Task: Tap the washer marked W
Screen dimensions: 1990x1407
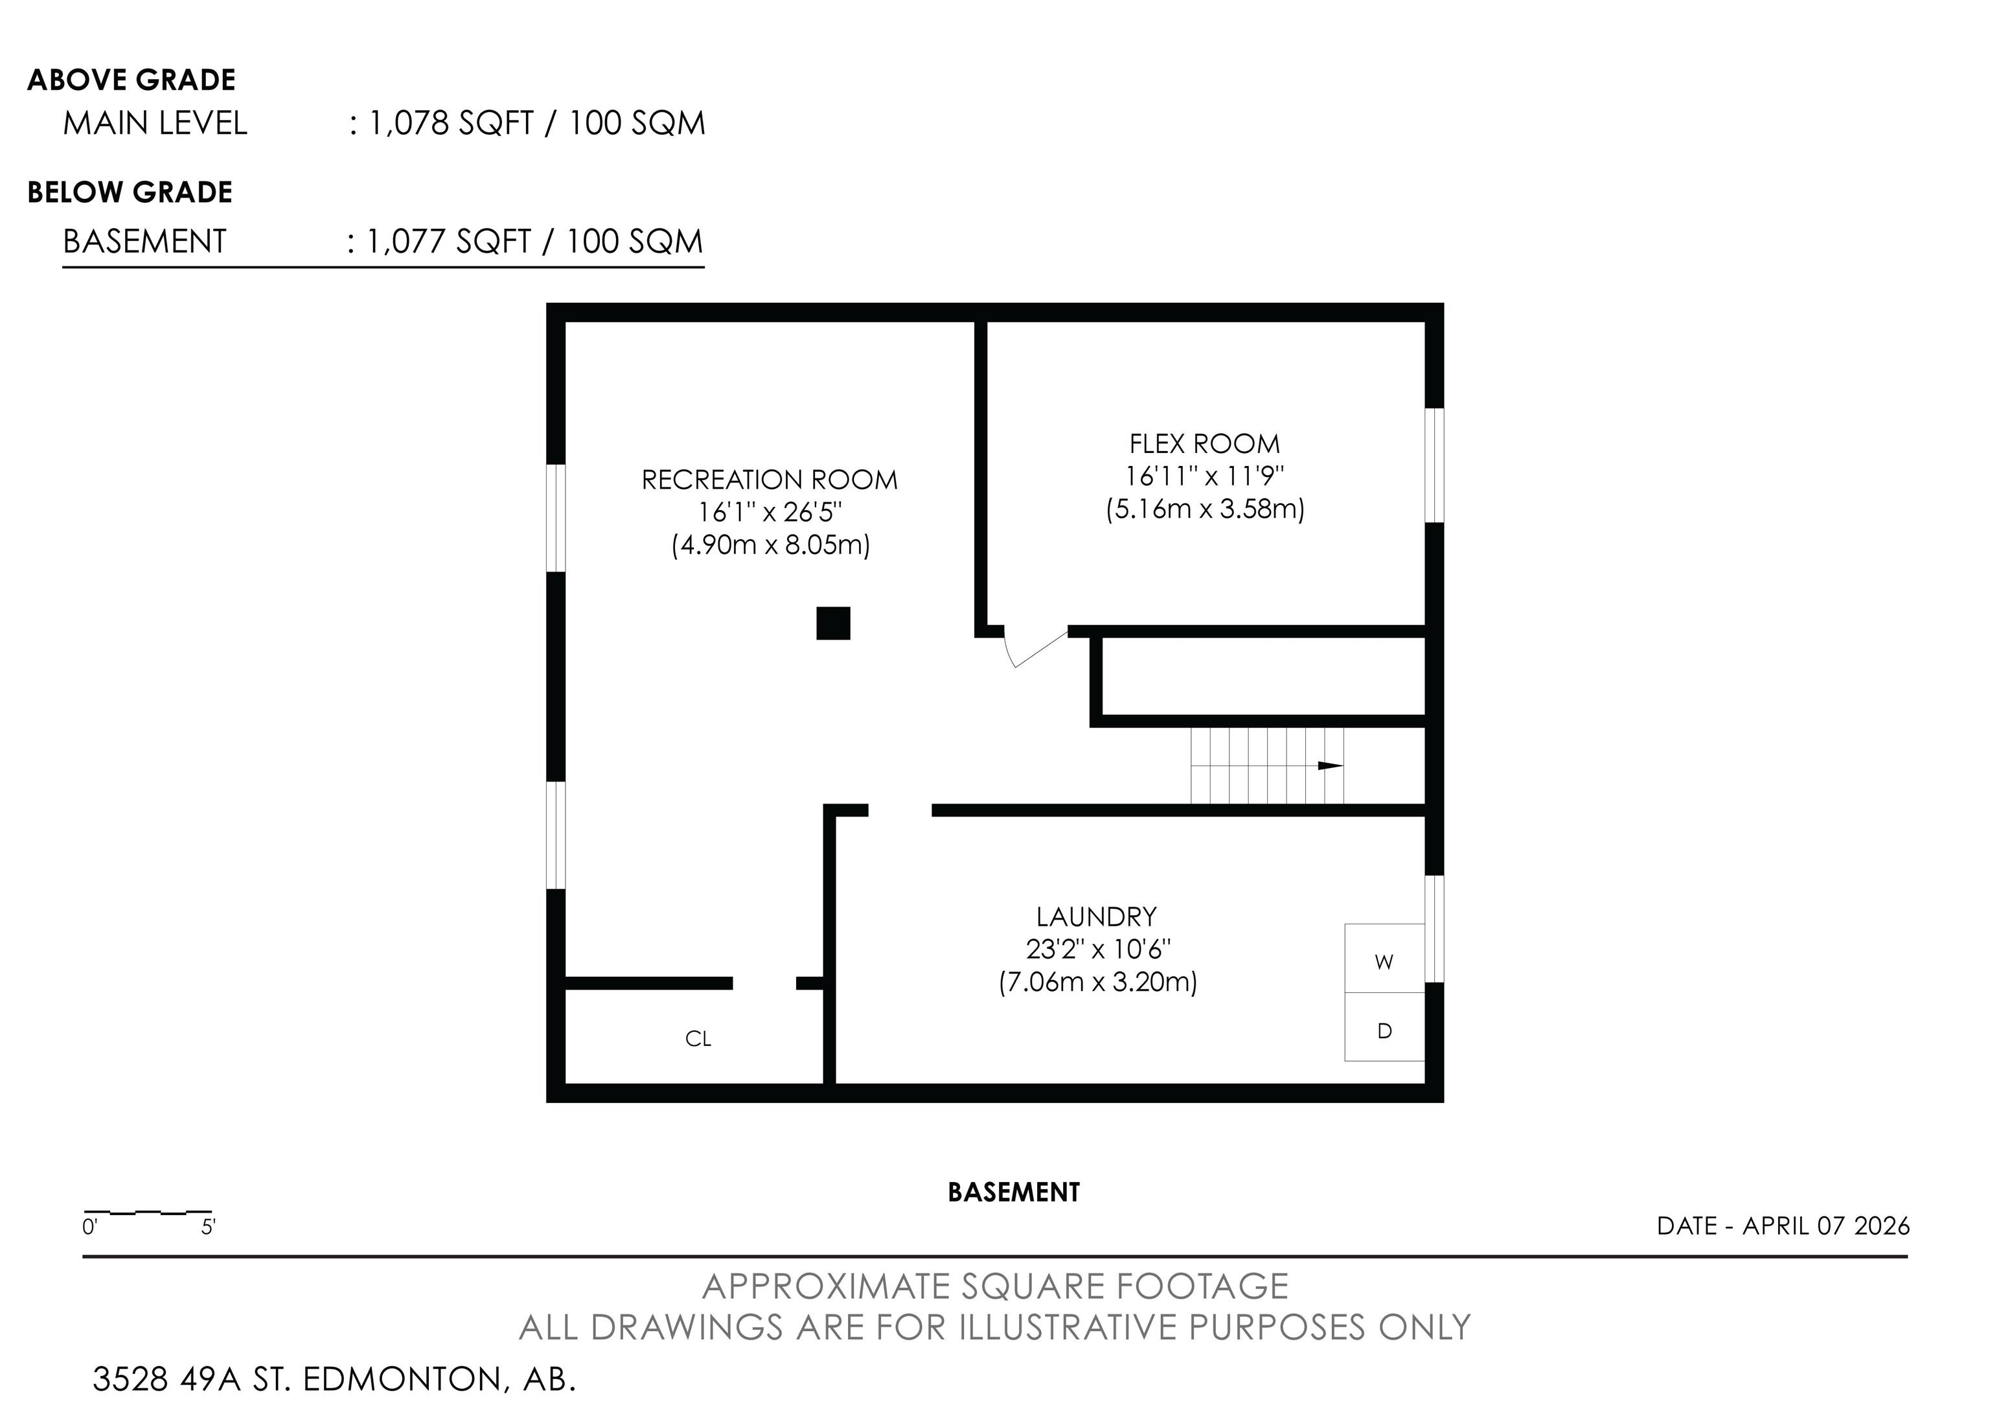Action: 1384,958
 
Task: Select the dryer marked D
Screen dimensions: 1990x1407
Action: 1384,1027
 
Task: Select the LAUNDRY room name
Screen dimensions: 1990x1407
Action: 1097,916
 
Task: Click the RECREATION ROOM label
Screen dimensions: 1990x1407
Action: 770,480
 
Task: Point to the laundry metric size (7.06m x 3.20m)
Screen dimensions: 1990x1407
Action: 1098,983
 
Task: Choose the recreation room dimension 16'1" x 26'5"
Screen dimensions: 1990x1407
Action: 770,513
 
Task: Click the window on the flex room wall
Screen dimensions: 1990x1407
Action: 1434,465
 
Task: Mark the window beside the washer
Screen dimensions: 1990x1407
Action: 1434,929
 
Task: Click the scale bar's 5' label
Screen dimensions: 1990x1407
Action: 208,1227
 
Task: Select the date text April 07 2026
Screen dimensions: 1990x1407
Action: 1826,1226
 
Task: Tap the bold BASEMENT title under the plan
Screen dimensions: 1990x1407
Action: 1014,1192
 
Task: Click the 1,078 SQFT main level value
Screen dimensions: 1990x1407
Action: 451,123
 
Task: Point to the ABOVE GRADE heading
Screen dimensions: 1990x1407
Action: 132,80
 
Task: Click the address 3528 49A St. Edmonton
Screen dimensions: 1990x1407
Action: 334,1378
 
